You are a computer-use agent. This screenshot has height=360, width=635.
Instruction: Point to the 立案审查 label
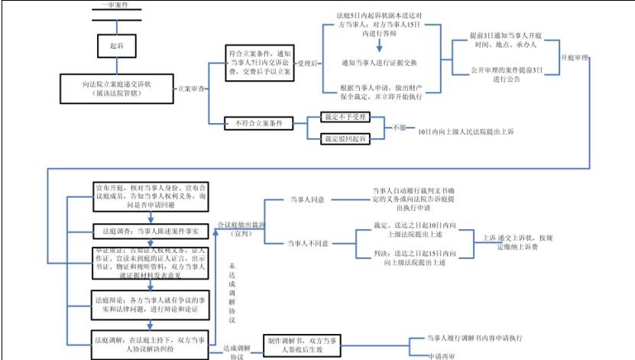point(191,89)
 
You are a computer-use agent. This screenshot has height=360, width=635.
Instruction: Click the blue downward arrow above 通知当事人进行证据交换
point(380,44)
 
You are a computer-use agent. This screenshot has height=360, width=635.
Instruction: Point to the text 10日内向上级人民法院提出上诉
point(465,132)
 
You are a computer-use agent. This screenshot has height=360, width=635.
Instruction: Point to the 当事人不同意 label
point(309,243)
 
